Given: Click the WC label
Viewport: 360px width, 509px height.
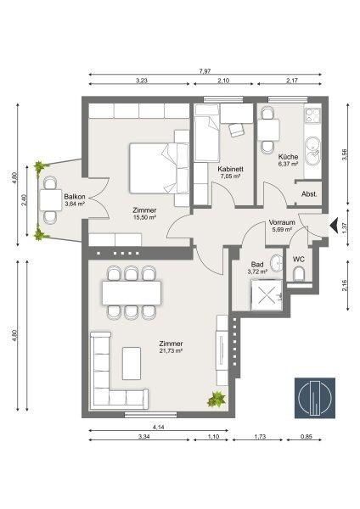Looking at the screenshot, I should point(298,259).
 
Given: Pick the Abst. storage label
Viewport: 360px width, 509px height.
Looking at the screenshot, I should point(309,193).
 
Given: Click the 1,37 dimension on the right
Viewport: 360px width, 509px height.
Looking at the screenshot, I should point(344,227).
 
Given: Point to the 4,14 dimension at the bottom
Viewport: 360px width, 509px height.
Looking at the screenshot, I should point(157,426).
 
